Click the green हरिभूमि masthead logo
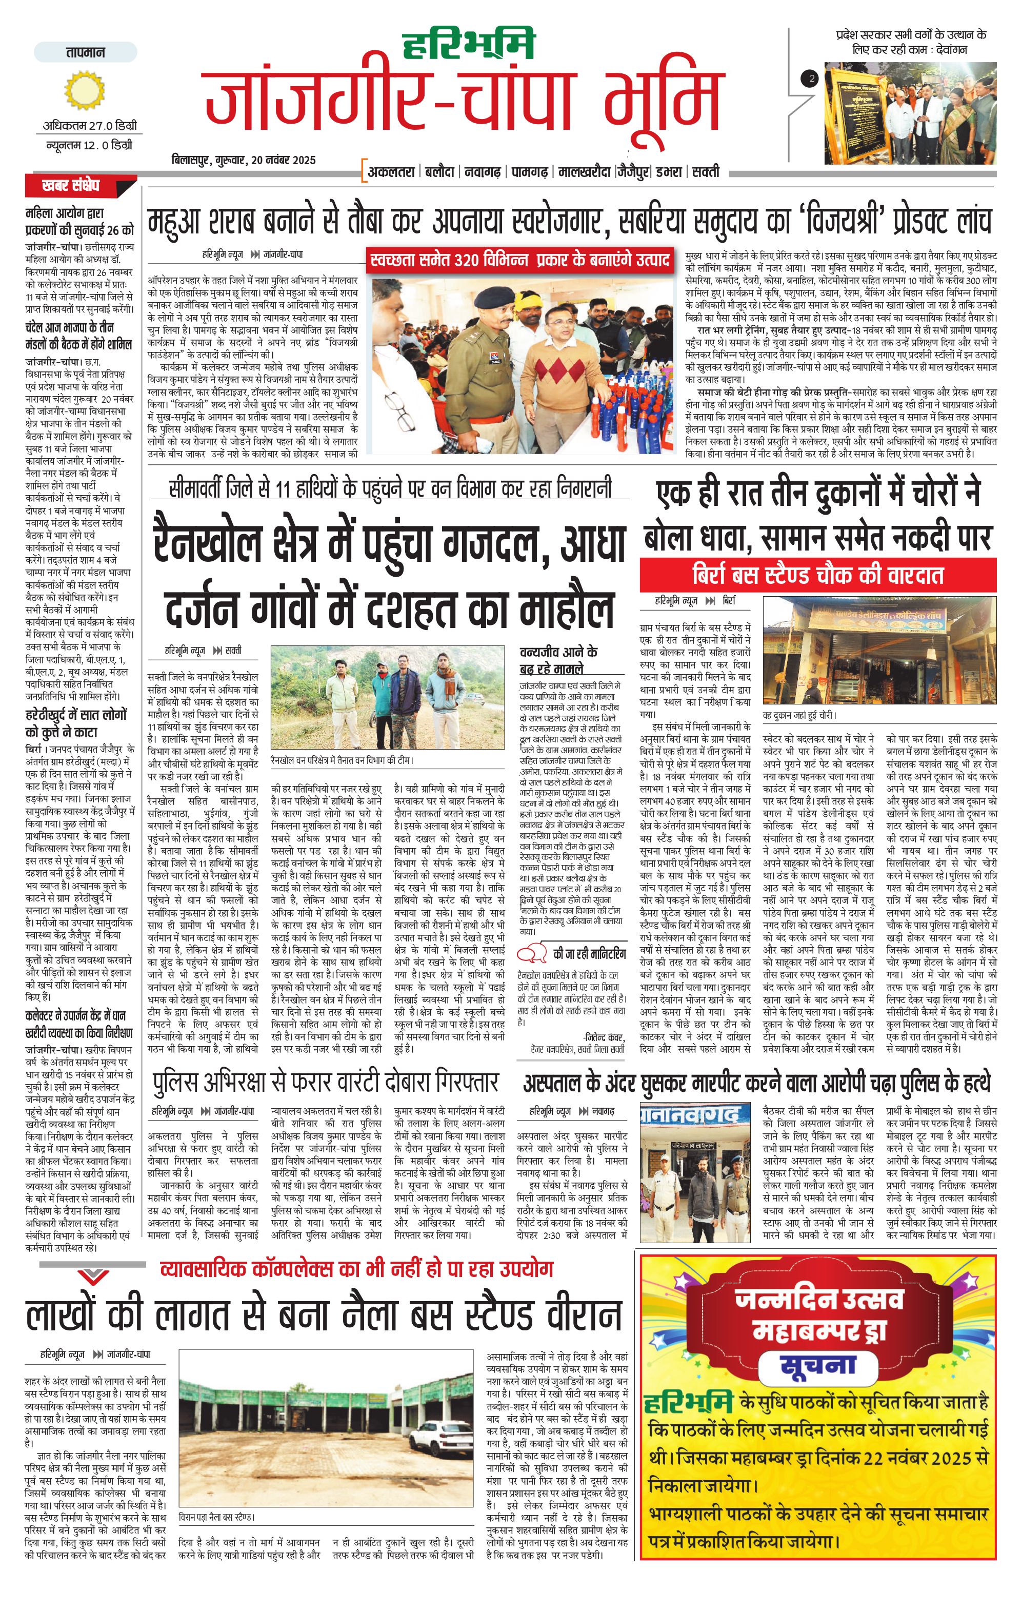[x=469, y=45]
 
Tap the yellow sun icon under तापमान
[x=86, y=90]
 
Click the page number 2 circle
[x=811, y=78]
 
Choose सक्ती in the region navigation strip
[x=705, y=172]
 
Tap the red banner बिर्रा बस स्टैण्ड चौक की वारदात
[x=817, y=575]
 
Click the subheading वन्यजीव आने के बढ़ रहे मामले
[x=559, y=660]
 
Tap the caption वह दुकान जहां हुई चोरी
[x=799, y=715]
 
